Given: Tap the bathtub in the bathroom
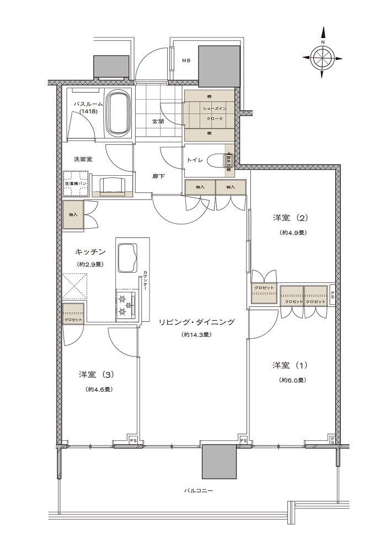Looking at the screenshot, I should click(x=119, y=113).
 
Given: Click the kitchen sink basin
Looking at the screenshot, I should click(x=129, y=257).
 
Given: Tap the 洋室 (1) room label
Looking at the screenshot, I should click(x=288, y=365).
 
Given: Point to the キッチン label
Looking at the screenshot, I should click(x=91, y=252).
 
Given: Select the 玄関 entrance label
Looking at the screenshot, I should click(x=157, y=122).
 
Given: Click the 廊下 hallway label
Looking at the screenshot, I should click(x=159, y=176).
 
